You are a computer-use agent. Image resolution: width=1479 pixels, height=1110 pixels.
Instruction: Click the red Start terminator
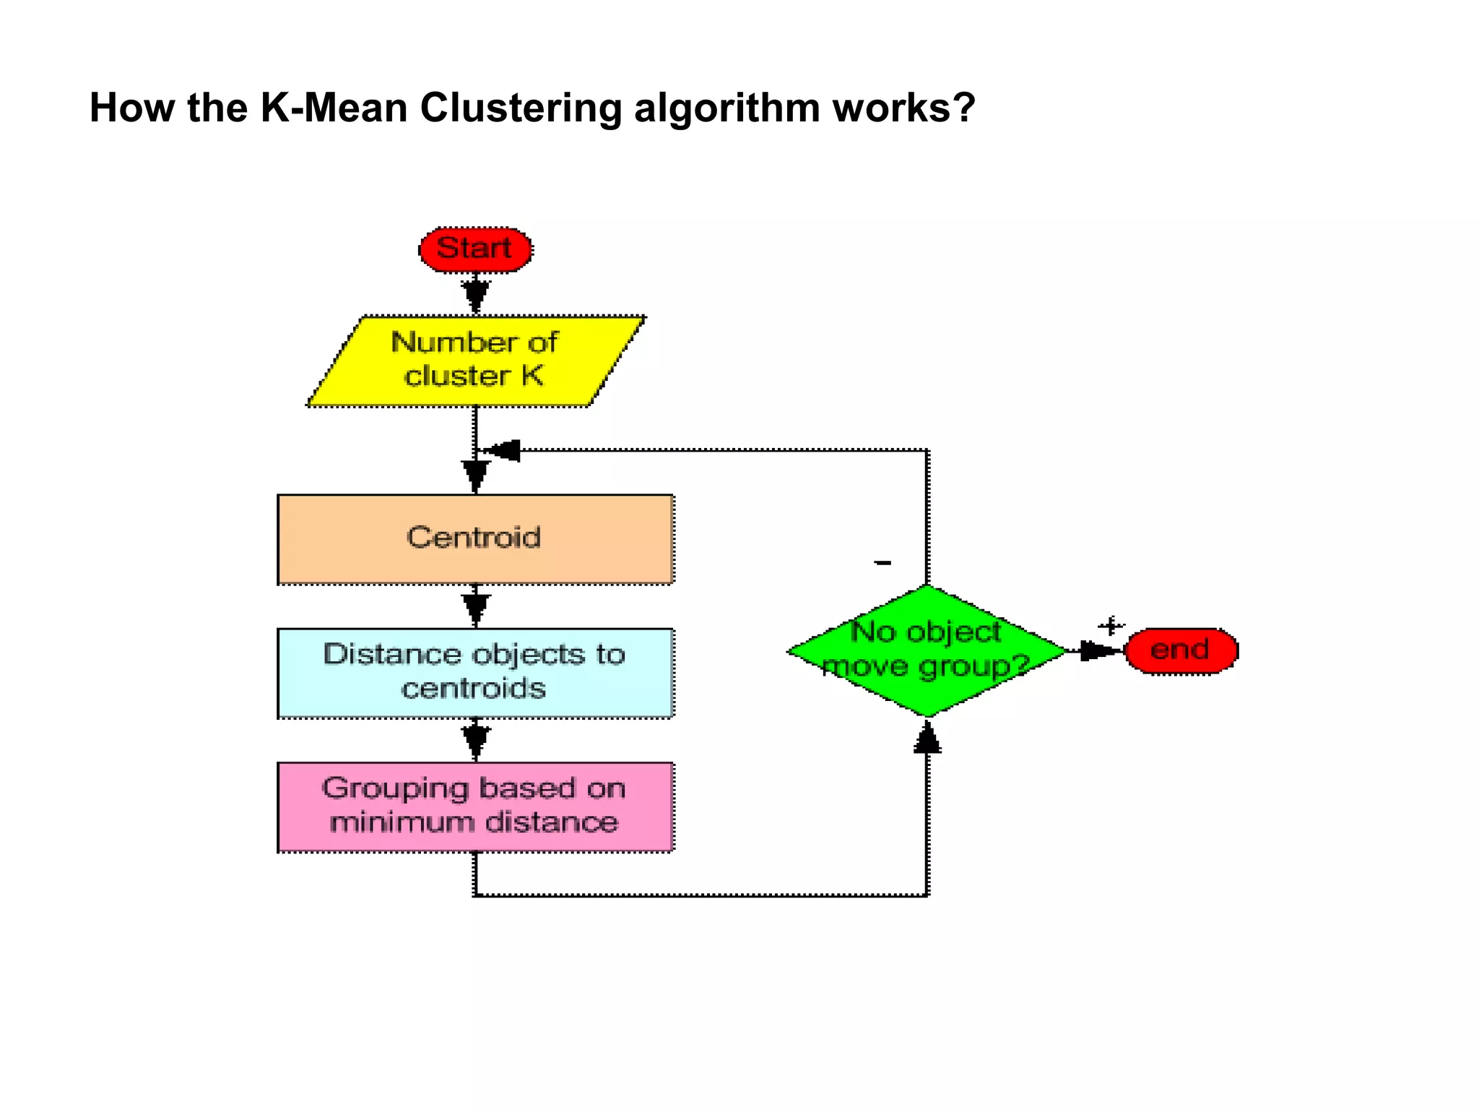coord(475,250)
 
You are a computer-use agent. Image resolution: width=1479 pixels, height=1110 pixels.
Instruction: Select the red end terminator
coord(1181,650)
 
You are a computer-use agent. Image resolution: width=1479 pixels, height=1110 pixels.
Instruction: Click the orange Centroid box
coord(475,539)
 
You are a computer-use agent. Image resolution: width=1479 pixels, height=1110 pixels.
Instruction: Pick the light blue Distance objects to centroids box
coord(475,672)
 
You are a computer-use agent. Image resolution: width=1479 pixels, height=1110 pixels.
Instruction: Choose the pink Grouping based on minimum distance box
coord(475,806)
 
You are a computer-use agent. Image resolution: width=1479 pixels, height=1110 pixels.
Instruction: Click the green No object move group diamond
coord(927,650)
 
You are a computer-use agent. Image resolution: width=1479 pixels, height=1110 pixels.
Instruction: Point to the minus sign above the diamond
coord(882,562)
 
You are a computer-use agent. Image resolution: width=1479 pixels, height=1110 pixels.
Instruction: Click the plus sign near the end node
coord(1111,626)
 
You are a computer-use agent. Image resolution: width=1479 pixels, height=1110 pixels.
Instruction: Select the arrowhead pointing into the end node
coord(1098,650)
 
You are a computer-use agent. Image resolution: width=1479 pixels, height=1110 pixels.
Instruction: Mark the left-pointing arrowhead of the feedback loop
coord(503,450)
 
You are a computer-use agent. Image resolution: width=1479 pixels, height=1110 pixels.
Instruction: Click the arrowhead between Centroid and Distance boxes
coord(475,607)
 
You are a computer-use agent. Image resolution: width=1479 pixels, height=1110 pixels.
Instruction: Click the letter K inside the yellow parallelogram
coord(532,376)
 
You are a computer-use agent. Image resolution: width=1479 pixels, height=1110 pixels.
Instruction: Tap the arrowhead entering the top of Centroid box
coord(475,474)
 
